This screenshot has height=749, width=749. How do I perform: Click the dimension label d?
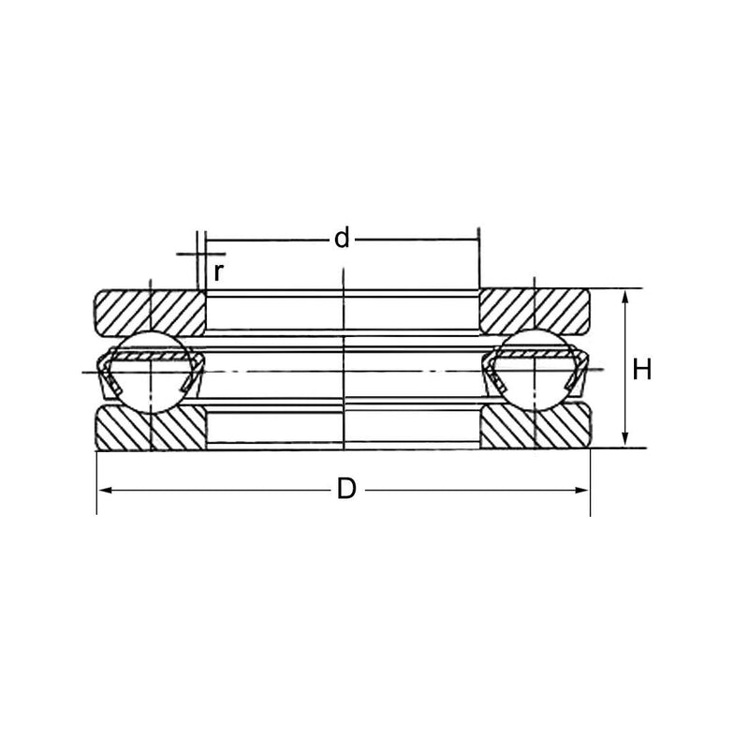point(342,239)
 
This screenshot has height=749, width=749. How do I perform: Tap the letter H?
point(641,369)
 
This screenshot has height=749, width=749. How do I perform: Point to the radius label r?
point(218,272)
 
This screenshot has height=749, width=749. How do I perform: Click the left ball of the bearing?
point(151,371)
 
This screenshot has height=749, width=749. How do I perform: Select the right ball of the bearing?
point(535,370)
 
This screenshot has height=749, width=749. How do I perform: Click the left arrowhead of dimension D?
point(104,490)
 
